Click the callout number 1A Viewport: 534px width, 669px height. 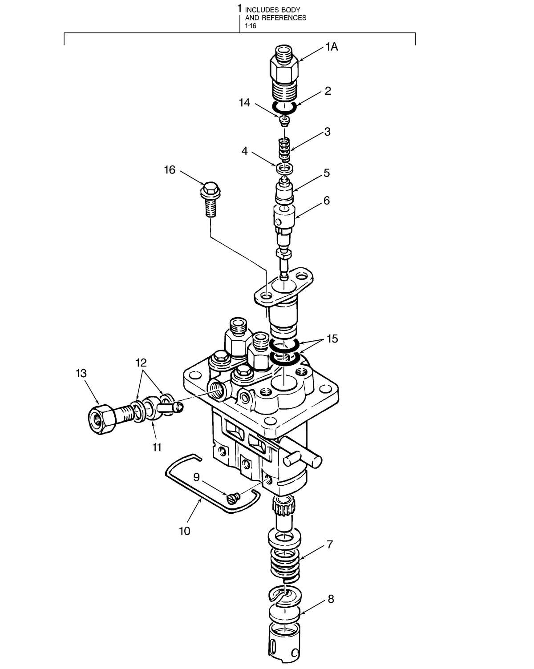click(332, 47)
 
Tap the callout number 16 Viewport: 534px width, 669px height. click(170, 170)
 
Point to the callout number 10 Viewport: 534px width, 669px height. click(184, 531)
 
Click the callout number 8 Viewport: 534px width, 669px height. click(331, 599)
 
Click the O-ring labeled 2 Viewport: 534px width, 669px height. click(284, 107)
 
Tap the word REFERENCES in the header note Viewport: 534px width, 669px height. click(283, 18)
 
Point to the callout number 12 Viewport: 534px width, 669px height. click(142, 362)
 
